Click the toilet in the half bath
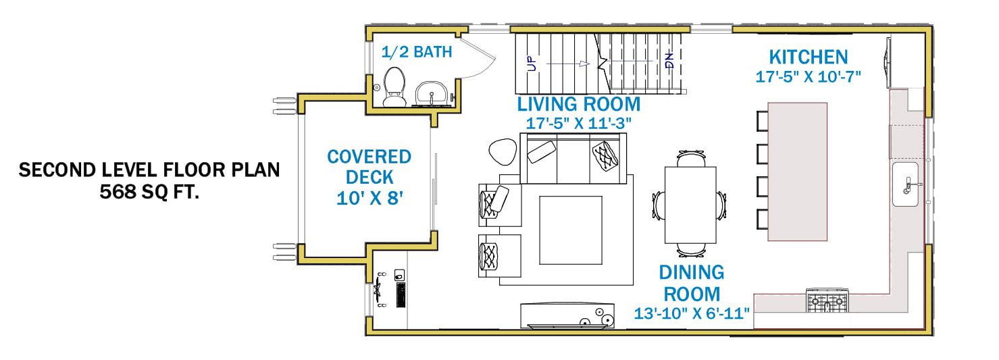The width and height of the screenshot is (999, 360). [394, 86]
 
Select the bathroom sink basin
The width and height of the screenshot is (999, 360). [431, 94]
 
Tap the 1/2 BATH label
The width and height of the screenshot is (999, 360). [417, 52]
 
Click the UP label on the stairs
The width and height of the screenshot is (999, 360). [532, 63]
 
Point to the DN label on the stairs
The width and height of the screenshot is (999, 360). [669, 61]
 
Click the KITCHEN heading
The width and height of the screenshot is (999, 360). [808, 57]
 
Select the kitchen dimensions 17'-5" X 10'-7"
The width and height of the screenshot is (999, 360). [808, 77]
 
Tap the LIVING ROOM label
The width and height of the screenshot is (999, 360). [578, 105]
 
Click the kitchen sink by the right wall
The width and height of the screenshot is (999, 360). [905, 184]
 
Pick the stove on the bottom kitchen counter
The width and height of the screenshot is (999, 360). [827, 301]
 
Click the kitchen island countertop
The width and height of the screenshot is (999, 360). [798, 172]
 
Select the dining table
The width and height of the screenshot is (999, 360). [690, 205]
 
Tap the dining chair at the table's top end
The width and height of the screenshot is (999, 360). [691, 159]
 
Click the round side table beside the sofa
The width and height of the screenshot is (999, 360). [503, 152]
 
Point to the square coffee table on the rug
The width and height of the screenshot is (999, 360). [571, 230]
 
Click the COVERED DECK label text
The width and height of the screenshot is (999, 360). [369, 167]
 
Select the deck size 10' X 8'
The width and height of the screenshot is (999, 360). [369, 199]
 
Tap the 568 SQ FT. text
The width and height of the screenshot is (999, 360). [149, 192]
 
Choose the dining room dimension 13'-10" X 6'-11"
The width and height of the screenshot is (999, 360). [692, 313]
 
